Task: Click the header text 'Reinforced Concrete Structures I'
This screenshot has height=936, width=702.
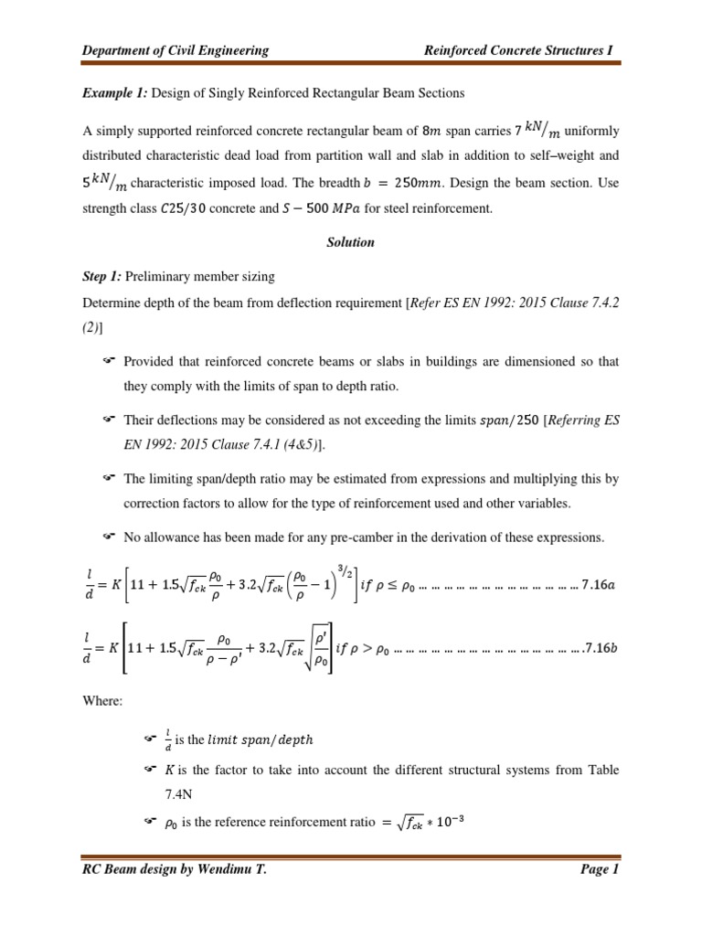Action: click(522, 50)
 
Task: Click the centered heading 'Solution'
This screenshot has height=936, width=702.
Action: click(350, 244)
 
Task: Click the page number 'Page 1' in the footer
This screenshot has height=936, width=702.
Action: click(600, 870)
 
